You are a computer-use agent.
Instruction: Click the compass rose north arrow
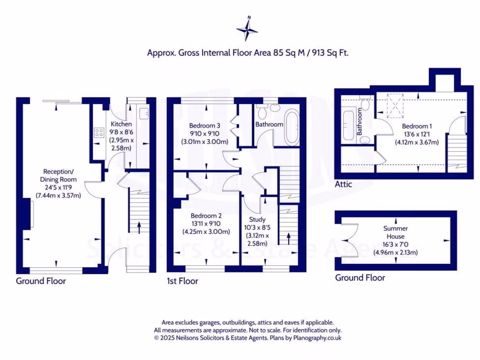pos(247,28)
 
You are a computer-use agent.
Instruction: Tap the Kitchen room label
pos(121,124)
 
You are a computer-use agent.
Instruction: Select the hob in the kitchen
pos(99,132)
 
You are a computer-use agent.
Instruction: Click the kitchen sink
pos(144,112)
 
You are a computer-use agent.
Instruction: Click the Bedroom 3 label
pos(204,126)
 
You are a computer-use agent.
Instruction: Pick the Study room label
pos(257,219)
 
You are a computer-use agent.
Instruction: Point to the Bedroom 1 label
pos(415,126)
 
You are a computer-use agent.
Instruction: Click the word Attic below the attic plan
pos(343,185)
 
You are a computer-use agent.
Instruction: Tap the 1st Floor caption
pos(182,281)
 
